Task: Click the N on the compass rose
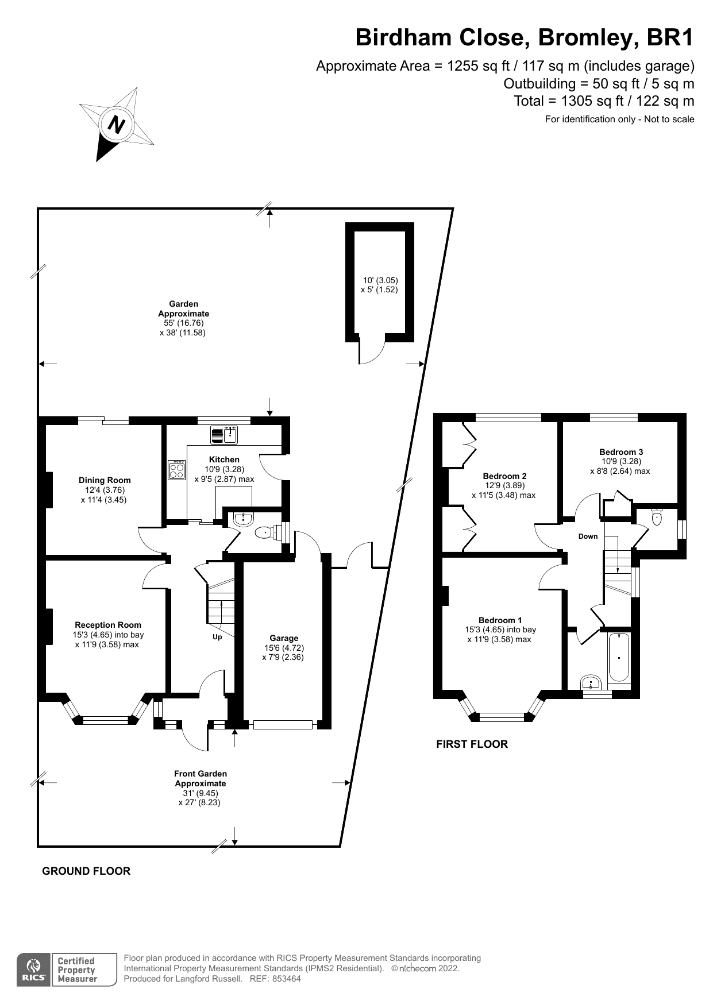tap(117, 125)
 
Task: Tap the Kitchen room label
tap(224, 459)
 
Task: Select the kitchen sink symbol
tap(224, 435)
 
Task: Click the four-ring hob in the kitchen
tap(177, 470)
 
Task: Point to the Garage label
tap(284, 638)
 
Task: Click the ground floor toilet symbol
tap(265, 532)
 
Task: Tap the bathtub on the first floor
tap(619, 656)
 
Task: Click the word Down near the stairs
tap(588, 536)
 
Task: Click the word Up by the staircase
tap(217, 637)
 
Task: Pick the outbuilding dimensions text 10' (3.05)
tap(380, 280)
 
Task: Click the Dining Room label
tap(105, 480)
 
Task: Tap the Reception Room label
tap(108, 625)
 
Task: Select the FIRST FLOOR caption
tap(472, 744)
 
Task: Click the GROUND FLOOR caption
tap(86, 871)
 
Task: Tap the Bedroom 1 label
tap(500, 620)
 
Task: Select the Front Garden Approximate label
tap(201, 778)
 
